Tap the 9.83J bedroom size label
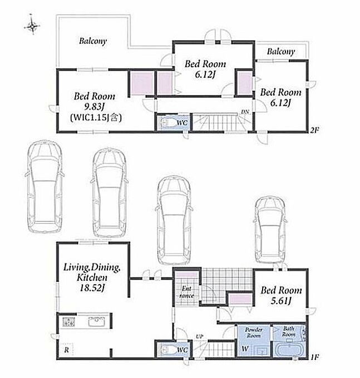point(95,107)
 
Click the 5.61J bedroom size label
point(281,301)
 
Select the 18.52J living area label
point(92,288)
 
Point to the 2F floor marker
point(314,131)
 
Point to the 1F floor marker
point(314,357)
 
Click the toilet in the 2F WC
point(168,122)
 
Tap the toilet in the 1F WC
point(168,350)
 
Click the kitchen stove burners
point(69,322)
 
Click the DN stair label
point(245,112)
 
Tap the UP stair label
point(200,336)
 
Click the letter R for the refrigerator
point(67,350)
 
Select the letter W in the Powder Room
point(245,349)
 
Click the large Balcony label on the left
point(93,41)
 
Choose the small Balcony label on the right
point(281,51)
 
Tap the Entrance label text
point(187,292)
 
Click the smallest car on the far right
point(271,231)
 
